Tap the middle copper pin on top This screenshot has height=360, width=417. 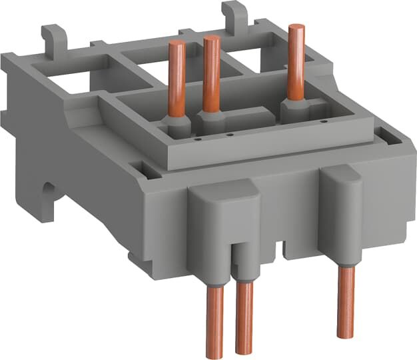[212, 73]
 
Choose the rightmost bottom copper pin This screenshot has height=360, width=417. [345, 300]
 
